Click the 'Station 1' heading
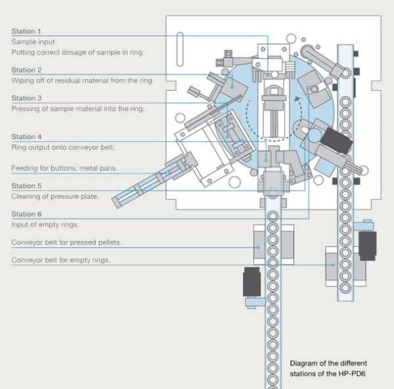[26, 31]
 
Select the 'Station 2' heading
[26, 70]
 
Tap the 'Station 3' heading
[26, 98]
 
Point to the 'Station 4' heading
[26, 137]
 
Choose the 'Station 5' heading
[26, 186]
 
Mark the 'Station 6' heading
[26, 214]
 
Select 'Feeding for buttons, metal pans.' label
[64, 168]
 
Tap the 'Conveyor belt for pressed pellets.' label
[66, 242]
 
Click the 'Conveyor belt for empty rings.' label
[61, 260]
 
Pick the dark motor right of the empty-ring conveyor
[368, 245]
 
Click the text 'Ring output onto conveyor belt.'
[63, 147]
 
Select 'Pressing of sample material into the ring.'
[78, 108]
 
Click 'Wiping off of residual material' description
[83, 80]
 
